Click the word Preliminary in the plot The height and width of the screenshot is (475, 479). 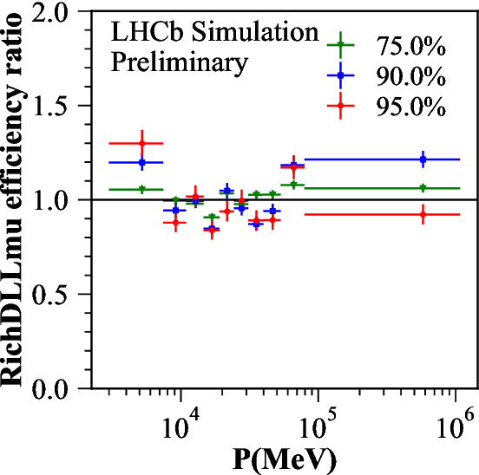178,63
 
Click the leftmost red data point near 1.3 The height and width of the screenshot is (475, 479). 141,143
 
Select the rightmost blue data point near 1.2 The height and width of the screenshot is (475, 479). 423,159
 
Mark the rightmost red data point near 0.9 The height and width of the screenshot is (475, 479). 423,214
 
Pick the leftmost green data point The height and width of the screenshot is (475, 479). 141,189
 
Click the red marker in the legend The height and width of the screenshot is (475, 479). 343,107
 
